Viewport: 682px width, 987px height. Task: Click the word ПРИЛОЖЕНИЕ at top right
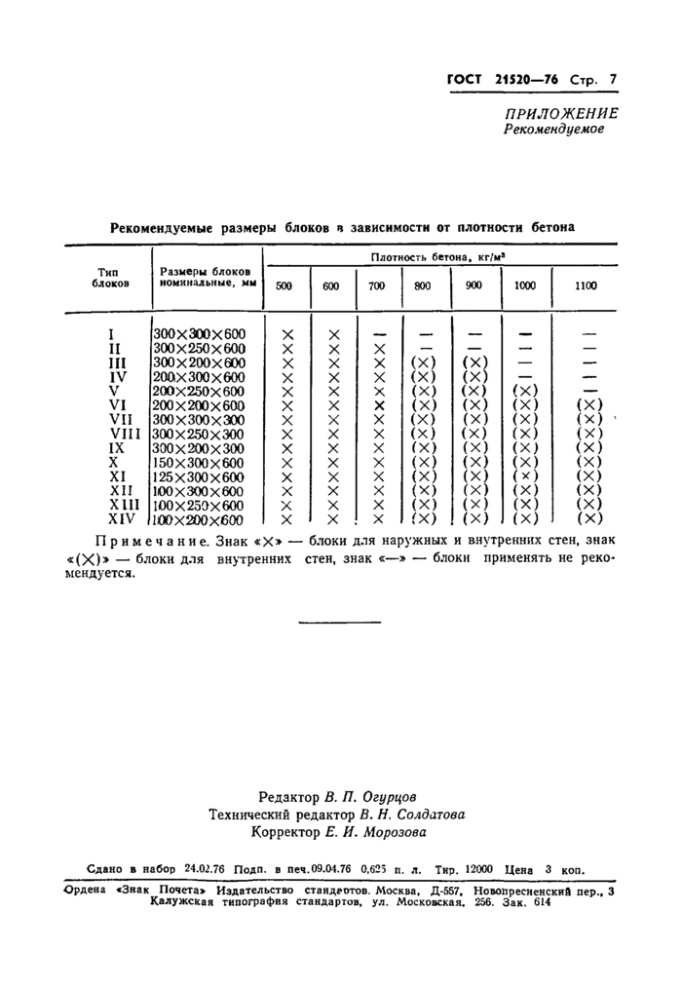560,113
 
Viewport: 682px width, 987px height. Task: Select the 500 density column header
284,286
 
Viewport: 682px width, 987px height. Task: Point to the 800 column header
423,286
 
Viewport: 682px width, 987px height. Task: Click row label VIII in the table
120,434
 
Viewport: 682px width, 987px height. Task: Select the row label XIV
121,520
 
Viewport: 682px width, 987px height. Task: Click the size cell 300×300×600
200,333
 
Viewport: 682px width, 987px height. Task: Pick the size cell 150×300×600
200,463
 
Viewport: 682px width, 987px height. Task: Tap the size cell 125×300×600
200,477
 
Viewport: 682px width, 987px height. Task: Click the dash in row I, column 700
379,334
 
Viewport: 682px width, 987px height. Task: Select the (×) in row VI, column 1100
589,405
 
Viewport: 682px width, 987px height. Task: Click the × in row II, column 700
379,349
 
